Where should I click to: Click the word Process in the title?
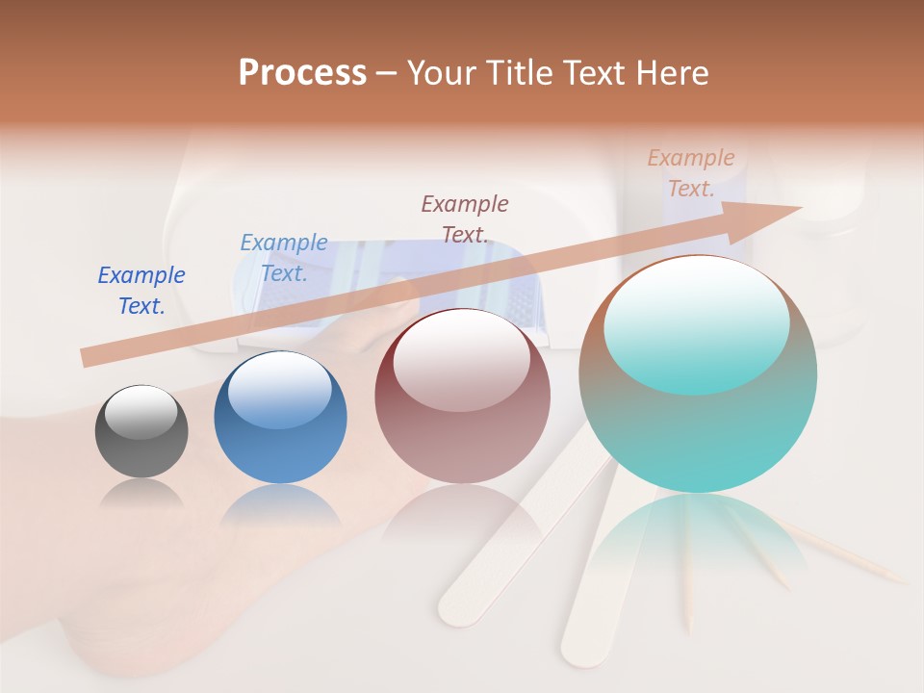coord(302,73)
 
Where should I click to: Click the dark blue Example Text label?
coord(141,291)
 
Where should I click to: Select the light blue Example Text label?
coord(284,258)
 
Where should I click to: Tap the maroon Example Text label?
coord(465,218)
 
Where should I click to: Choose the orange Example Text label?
coord(691,173)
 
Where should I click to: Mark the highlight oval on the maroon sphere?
coord(461,361)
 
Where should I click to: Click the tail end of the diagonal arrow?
coord(85,357)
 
